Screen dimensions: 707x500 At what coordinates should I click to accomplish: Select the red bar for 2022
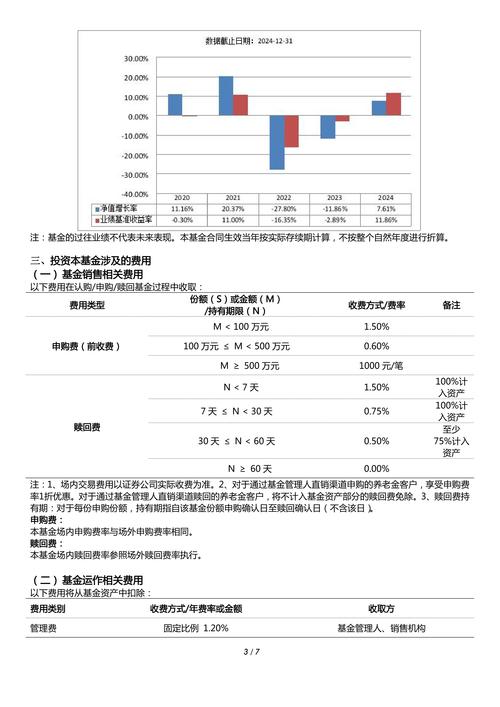(x=291, y=132)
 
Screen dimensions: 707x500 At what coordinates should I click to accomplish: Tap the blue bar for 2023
(x=327, y=127)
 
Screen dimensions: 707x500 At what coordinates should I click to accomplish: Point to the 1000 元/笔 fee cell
(x=376, y=366)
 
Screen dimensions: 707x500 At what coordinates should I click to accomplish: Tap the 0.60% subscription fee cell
(x=376, y=346)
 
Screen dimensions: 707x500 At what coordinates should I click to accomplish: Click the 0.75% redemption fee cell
(x=376, y=411)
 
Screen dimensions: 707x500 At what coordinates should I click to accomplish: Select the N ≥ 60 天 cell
(x=249, y=468)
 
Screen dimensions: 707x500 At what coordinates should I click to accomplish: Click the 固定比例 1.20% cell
(x=196, y=628)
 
